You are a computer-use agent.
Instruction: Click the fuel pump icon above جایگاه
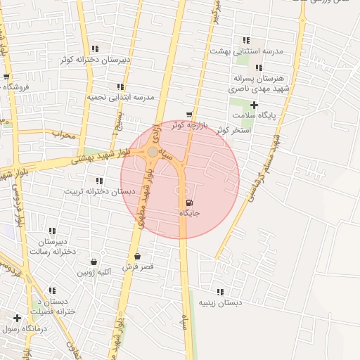tap(188, 203)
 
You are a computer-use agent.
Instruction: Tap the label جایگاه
tap(190, 213)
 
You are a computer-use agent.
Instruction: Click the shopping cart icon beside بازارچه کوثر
tap(189, 114)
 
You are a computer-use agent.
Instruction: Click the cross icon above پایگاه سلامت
tap(255, 104)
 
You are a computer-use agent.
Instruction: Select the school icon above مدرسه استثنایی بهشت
tap(245, 41)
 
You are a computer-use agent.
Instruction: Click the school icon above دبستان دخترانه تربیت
tap(99, 181)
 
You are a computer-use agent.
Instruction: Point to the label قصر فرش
tap(138, 267)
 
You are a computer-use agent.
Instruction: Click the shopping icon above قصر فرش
tap(137, 256)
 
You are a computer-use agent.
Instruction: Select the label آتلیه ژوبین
tap(96, 272)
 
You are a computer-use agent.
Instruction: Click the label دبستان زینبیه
tap(219, 303)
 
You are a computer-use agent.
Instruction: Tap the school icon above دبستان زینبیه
tap(220, 292)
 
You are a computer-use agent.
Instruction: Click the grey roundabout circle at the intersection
tap(153, 152)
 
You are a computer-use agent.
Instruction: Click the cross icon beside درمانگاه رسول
tap(17, 318)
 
